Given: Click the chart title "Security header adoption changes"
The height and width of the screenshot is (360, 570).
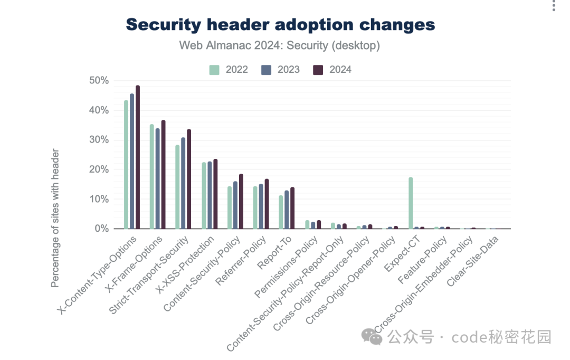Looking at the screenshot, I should click(x=280, y=25).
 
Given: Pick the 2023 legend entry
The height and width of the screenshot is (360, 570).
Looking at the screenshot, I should click(x=280, y=70).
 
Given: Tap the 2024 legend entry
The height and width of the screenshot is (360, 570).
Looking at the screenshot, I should click(x=332, y=70).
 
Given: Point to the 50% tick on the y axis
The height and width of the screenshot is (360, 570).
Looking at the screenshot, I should click(x=99, y=81).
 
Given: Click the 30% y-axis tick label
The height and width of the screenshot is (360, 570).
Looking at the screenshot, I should click(x=99, y=140).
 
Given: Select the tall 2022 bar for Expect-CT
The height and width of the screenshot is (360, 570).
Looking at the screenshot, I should click(x=411, y=203).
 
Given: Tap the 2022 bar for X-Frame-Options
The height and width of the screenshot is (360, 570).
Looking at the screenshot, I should click(x=152, y=177).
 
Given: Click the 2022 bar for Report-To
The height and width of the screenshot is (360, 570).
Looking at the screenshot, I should click(x=281, y=212).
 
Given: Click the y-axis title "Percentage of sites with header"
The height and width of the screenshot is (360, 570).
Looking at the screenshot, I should click(x=55, y=218).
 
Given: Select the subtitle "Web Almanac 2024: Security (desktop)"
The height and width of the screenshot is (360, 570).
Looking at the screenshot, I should click(x=279, y=45).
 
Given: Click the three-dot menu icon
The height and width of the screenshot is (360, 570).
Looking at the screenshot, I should click(x=553, y=5).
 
